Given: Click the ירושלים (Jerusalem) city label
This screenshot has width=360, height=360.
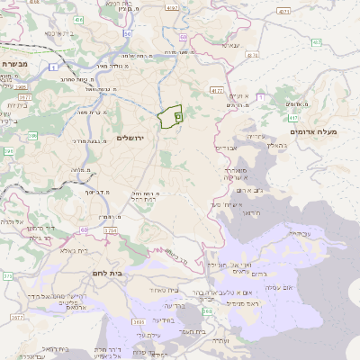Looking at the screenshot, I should click(x=130, y=137).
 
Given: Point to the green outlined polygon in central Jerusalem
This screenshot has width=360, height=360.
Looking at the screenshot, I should click(x=170, y=118).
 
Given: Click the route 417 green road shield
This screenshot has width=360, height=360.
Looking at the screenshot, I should click(x=292, y=118).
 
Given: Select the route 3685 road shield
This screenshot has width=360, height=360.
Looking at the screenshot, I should click(x=138, y=320).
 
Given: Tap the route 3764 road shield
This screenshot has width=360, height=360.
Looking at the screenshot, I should click(x=110, y=230).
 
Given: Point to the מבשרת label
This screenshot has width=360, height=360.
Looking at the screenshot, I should click(x=15, y=64).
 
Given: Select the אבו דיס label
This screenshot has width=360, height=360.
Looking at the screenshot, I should click(x=226, y=147).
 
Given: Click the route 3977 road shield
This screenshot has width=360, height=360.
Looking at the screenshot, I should click(x=15, y=318).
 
